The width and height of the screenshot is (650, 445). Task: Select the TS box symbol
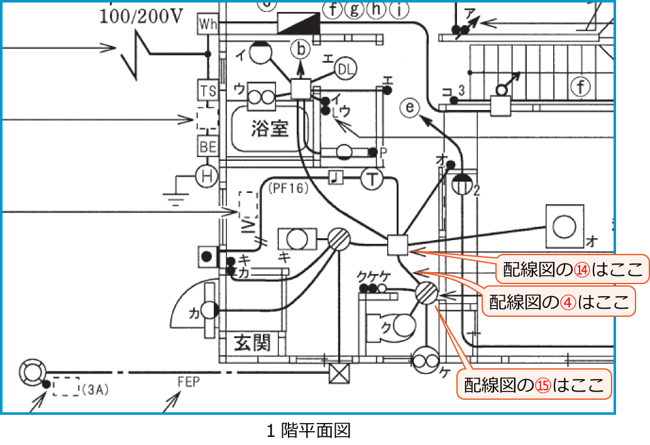pyautogui.click(x=207, y=91)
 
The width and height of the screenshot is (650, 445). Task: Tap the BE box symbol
pyautogui.click(x=207, y=146)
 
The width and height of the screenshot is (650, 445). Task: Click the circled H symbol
pyautogui.click(x=206, y=176)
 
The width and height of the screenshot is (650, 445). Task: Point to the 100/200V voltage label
pyautogui.click(x=141, y=16)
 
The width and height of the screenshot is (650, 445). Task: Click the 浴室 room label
pyautogui.click(x=270, y=128)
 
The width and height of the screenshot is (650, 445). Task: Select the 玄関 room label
pyautogui.click(x=252, y=343)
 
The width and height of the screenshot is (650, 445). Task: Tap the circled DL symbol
pyautogui.click(x=345, y=69)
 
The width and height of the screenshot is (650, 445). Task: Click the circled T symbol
pyautogui.click(x=372, y=180)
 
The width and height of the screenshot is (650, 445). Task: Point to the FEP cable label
pyautogui.click(x=189, y=382)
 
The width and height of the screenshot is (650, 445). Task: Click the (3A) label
pyautogui.click(x=96, y=390)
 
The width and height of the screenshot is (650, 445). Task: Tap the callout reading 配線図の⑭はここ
pyautogui.click(x=572, y=270)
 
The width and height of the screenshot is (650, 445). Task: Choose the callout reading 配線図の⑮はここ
pyautogui.click(x=535, y=384)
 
